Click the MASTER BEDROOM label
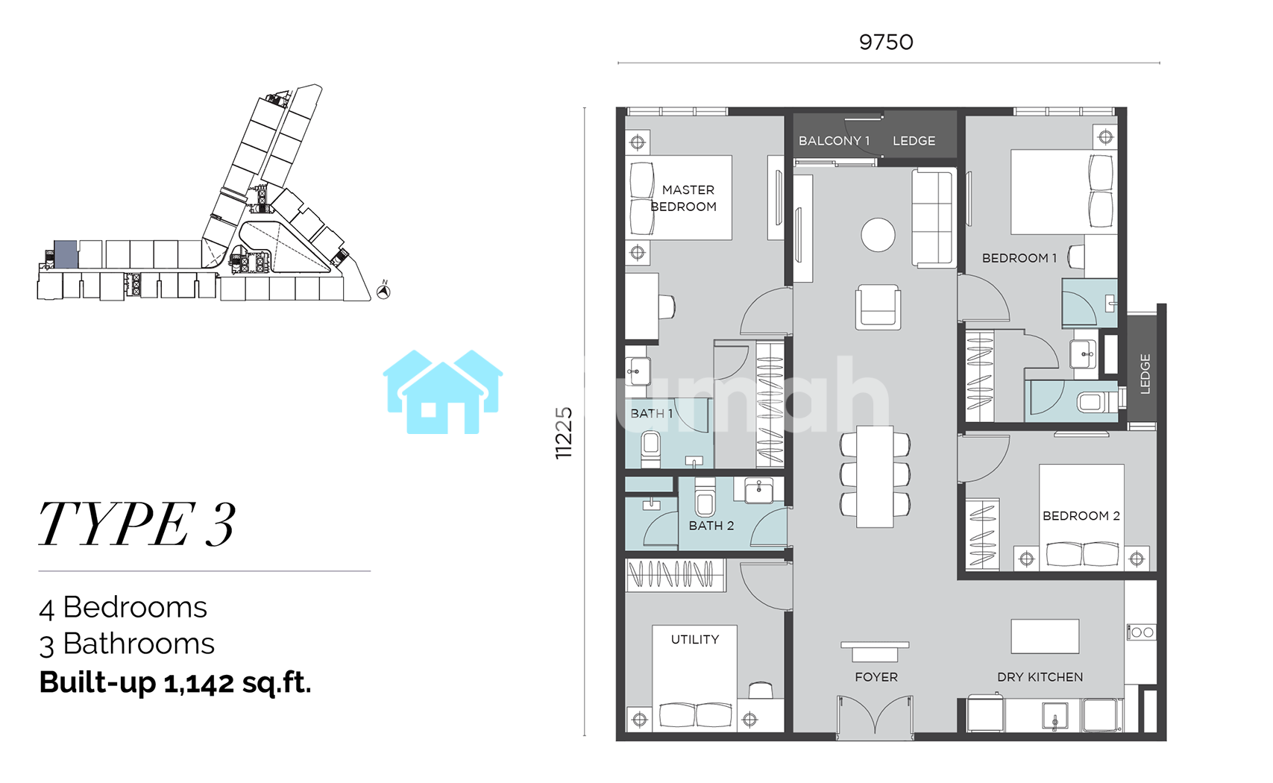pyautogui.click(x=684, y=198)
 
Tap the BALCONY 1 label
pyautogui.click(x=834, y=141)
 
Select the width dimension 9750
pyautogui.click(x=886, y=42)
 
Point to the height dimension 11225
pyautogui.click(x=563, y=433)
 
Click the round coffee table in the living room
pyautogui.click(x=878, y=235)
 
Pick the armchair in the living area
pyautogui.click(x=878, y=306)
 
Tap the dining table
pyautogui.click(x=875, y=477)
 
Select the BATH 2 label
pyautogui.click(x=711, y=526)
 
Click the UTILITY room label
pyautogui.click(x=695, y=639)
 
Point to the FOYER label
pyautogui.click(x=876, y=677)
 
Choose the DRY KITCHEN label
pyautogui.click(x=1040, y=677)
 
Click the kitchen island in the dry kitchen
pyautogui.click(x=1045, y=636)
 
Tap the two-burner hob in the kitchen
pyautogui.click(x=1141, y=632)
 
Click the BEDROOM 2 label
pyautogui.click(x=1081, y=516)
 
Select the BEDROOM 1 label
pyautogui.click(x=1019, y=258)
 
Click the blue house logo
pyautogui.click(x=443, y=392)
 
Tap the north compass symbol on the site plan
pyautogui.click(x=384, y=291)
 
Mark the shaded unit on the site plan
pyautogui.click(x=66, y=254)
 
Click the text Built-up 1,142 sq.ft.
pyautogui.click(x=175, y=682)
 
